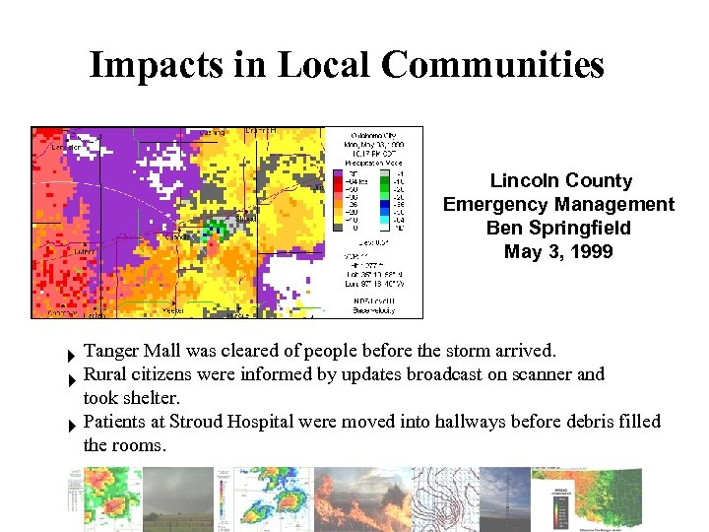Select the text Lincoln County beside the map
coord(560,181)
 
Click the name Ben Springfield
coord(558,229)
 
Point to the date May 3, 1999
coord(558,252)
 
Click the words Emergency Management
coord(558,205)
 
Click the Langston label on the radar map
coord(66,147)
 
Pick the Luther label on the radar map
coord(85,251)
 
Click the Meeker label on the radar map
coord(173,310)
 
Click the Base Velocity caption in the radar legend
coord(374,310)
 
